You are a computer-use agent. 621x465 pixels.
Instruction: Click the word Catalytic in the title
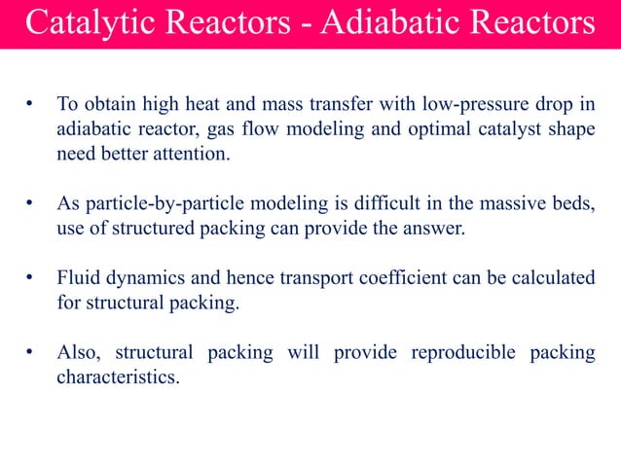pos(81,23)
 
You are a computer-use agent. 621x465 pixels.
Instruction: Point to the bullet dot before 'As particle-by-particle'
pos(31,203)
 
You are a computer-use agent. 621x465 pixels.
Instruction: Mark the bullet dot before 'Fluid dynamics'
pos(31,278)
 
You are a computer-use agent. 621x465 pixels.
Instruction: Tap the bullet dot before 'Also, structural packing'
pos(31,352)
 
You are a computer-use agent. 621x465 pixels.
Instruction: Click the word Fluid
pos(78,278)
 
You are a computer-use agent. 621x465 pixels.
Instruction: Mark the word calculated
pos(552,278)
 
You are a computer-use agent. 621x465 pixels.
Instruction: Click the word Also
pos(77,352)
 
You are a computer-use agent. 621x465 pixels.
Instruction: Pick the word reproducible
pos(464,352)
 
